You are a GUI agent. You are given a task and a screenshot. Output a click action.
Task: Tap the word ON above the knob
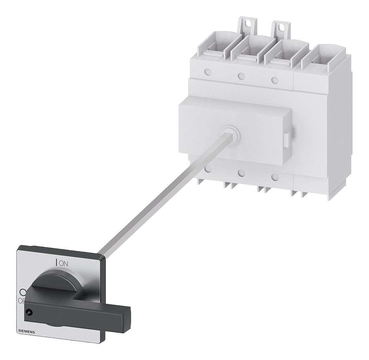[x=64, y=263]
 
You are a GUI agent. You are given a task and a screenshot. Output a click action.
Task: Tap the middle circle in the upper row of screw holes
[x=242, y=76]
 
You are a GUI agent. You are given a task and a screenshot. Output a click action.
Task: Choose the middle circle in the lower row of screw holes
[x=242, y=173]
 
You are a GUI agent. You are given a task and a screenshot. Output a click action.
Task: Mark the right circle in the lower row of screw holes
[x=275, y=177]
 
